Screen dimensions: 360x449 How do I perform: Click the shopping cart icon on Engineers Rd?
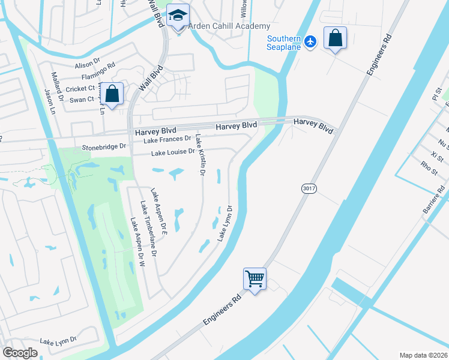255,279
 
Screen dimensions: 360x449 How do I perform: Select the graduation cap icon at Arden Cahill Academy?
178,17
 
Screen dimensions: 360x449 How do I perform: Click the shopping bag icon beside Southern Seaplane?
335,38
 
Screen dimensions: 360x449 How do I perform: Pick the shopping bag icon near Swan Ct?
112,94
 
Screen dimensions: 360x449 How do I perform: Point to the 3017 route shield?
309,188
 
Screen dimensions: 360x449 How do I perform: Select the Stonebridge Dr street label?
104,146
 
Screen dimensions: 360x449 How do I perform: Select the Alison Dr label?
87,64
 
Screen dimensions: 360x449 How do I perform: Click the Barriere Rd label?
435,199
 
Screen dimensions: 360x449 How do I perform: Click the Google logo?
20,353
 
